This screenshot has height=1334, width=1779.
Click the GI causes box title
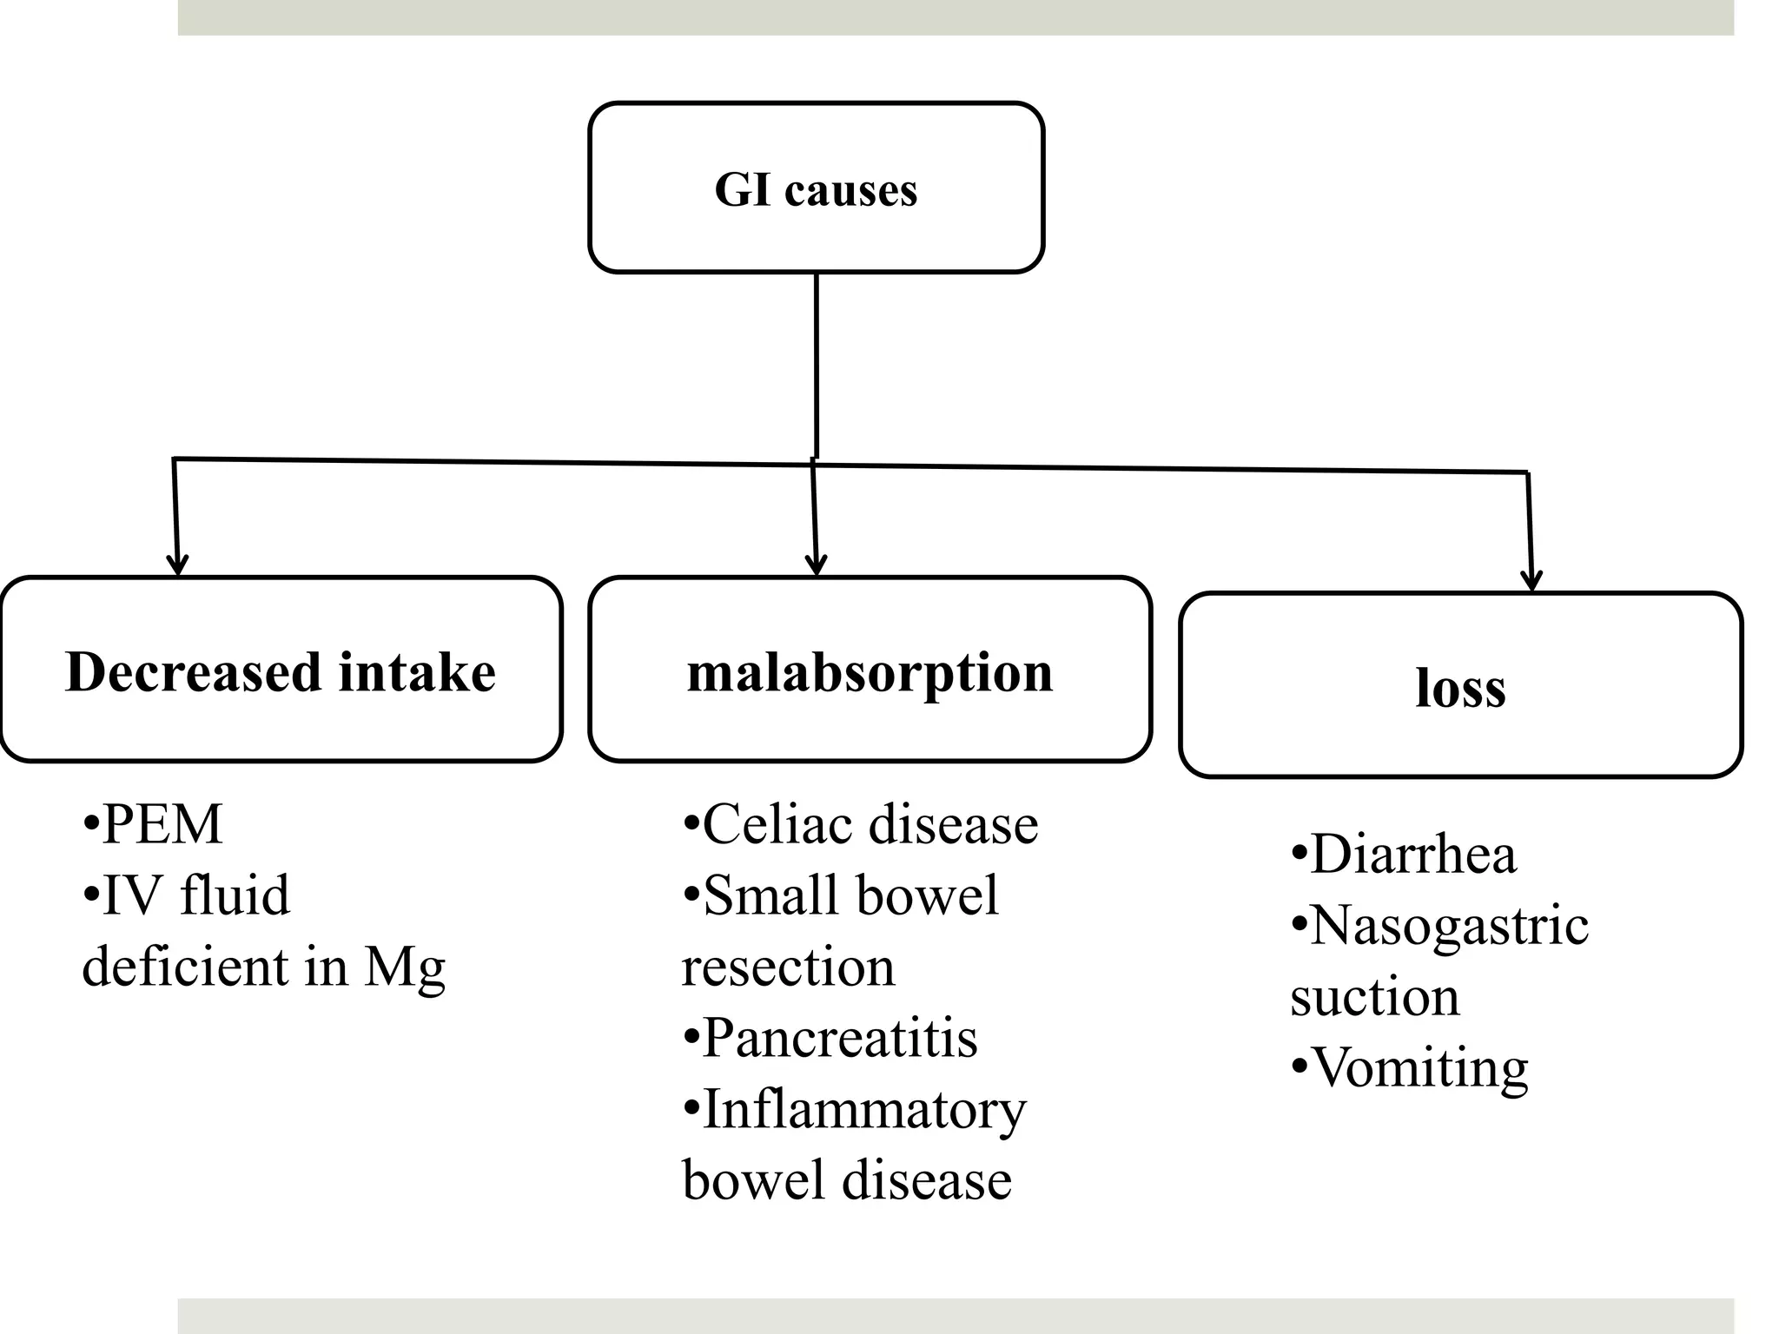pyautogui.click(x=816, y=189)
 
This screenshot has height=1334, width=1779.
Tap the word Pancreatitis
pyautogui.click(x=839, y=1037)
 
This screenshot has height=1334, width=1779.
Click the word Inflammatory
pyautogui.click(x=863, y=1109)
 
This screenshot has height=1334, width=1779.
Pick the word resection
pyautogui.click(x=788, y=967)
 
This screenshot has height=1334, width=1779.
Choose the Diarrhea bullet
pyautogui.click(x=1412, y=854)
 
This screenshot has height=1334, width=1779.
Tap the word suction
pyautogui.click(x=1374, y=996)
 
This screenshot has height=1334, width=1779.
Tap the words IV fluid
pyautogui.click(x=195, y=895)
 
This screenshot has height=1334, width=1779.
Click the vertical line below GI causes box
pyautogui.click(x=816, y=365)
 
